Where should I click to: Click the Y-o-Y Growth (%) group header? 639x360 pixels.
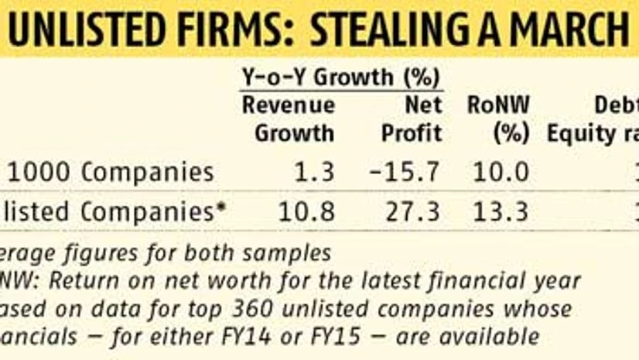[341, 77]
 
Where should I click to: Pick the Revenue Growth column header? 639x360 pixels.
[289, 118]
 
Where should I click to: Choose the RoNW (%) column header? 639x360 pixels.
[498, 118]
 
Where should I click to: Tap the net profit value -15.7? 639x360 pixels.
[408, 171]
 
